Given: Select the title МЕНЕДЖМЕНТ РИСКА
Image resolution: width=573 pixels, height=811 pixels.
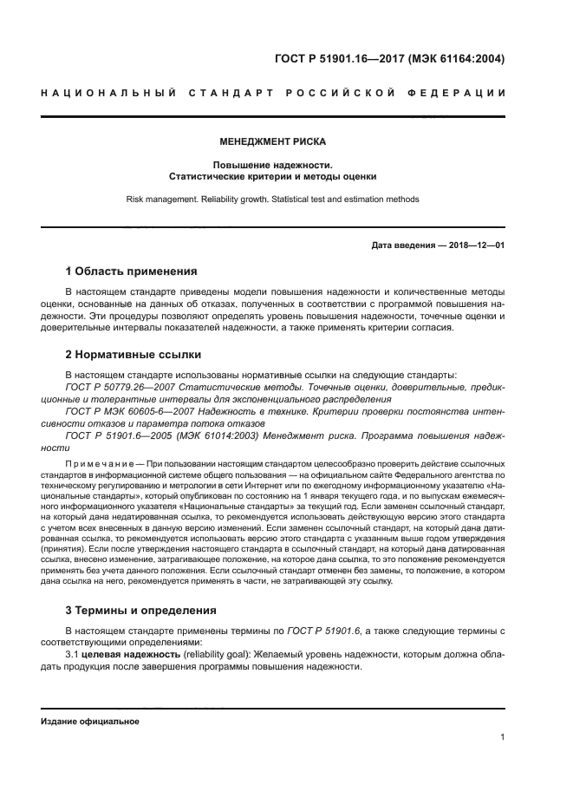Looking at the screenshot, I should (272, 141).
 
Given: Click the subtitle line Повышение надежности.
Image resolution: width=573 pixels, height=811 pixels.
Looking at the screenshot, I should (272, 164).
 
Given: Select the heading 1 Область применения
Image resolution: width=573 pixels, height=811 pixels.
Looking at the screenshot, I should (132, 271).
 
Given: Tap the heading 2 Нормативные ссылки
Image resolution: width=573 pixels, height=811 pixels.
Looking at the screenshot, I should (133, 354).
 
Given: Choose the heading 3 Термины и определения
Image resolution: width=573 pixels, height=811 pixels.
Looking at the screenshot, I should (141, 610).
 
